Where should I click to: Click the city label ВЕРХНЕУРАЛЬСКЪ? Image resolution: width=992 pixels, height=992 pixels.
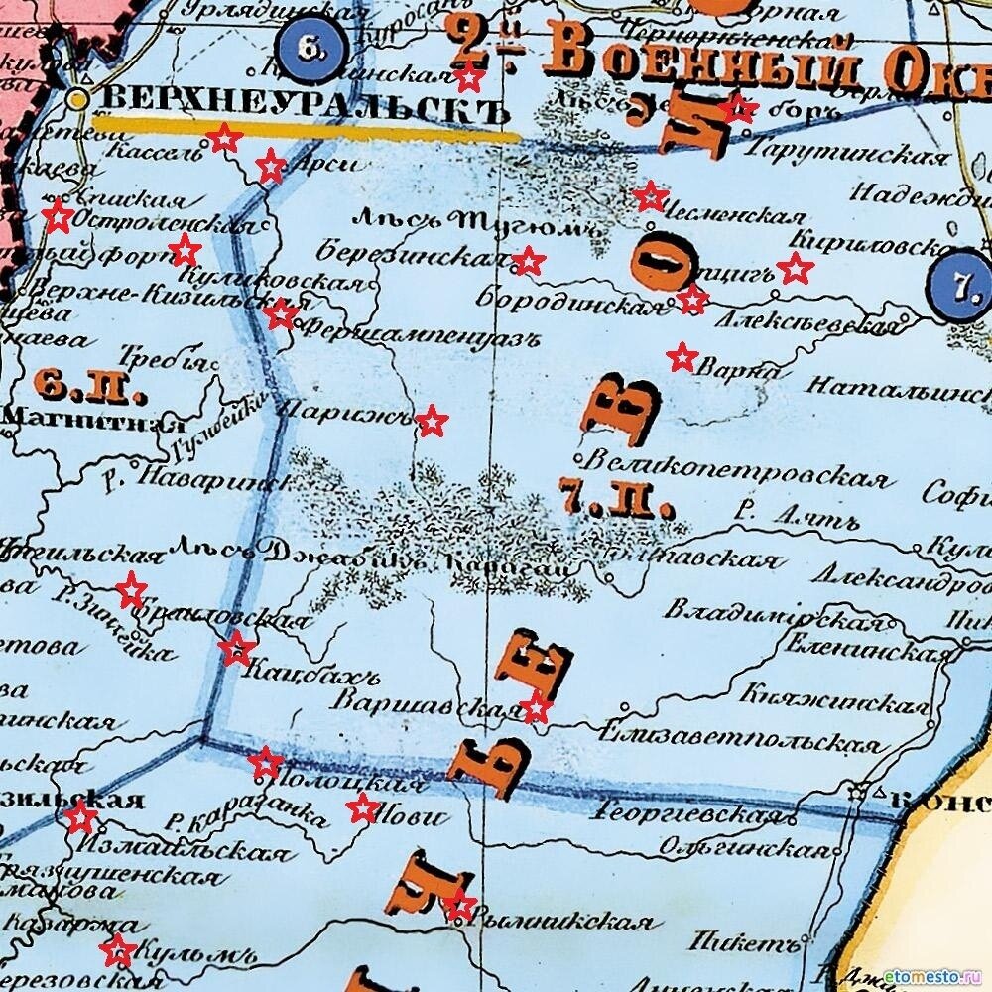[298, 99]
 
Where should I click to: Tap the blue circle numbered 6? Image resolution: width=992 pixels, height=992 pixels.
[310, 47]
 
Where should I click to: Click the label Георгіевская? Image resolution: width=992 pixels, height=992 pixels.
[686, 814]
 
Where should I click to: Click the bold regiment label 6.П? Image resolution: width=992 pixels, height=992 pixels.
[89, 382]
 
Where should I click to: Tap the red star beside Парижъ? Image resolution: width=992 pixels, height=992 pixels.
[431, 421]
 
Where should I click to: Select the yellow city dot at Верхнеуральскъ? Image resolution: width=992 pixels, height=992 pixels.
[78, 99]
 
